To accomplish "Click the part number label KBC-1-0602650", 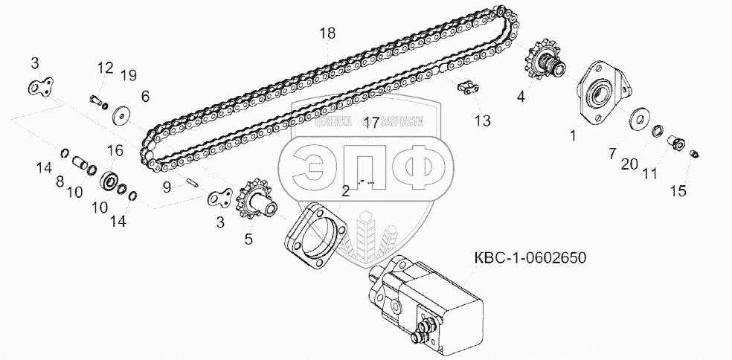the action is (x=530, y=259).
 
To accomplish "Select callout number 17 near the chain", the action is (x=371, y=123).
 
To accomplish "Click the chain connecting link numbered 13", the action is (x=466, y=89).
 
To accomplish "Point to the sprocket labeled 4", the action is (x=545, y=63).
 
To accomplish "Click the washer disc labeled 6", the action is (x=119, y=115).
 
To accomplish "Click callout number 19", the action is (x=128, y=74).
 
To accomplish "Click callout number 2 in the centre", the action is (x=345, y=190).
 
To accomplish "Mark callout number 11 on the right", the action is (x=650, y=174).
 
